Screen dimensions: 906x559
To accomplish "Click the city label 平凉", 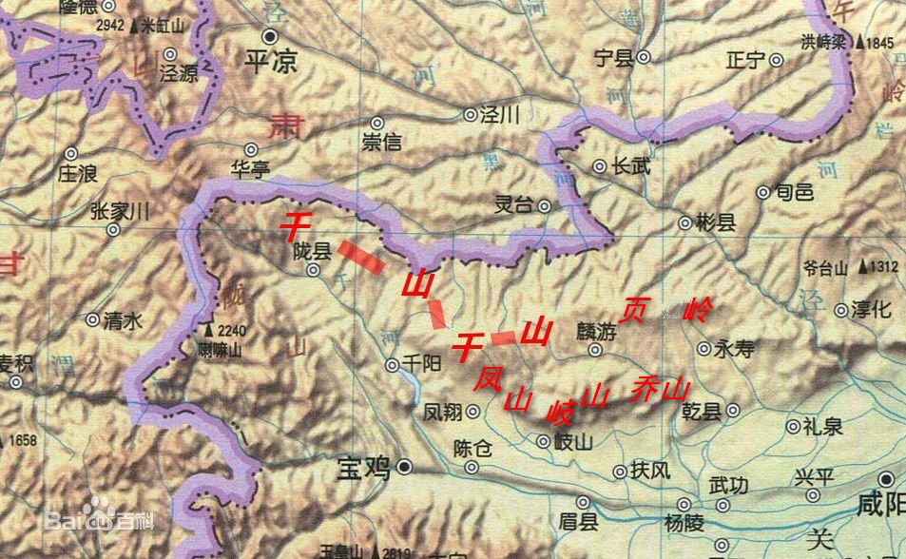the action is tap(271, 62).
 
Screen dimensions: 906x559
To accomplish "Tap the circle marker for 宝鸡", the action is tap(405, 467).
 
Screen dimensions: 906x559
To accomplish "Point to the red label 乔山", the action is tap(658, 390).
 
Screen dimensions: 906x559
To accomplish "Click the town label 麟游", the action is tap(596, 333).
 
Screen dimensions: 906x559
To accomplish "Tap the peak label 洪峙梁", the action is tap(824, 42).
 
